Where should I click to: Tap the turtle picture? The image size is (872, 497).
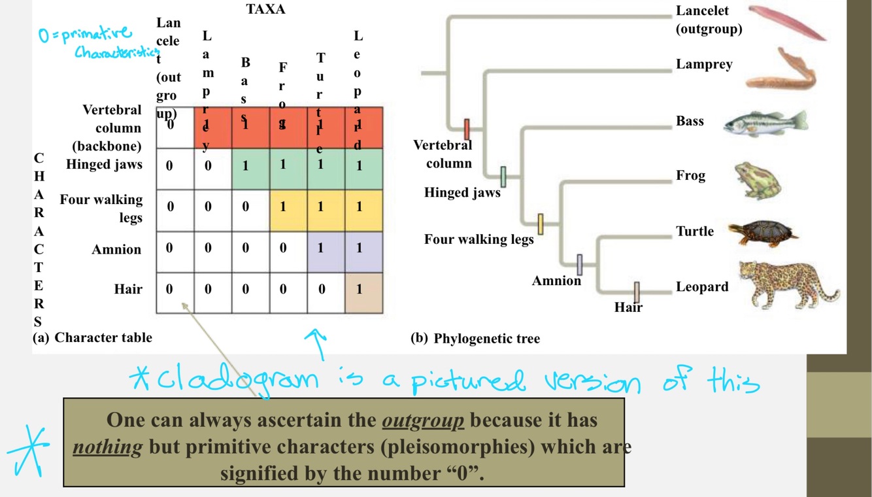coord(763,232)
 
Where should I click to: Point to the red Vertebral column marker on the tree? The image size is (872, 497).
coord(467,129)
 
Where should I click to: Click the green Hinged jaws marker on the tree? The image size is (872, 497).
coord(503,177)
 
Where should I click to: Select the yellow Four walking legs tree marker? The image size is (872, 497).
coord(541,224)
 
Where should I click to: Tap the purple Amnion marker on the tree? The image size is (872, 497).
coord(579,265)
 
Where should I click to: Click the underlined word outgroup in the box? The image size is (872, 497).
coord(423,420)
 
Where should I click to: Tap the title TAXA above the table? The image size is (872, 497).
coord(265,10)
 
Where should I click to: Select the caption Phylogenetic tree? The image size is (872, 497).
coord(486,338)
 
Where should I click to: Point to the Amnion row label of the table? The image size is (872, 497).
coord(116,249)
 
